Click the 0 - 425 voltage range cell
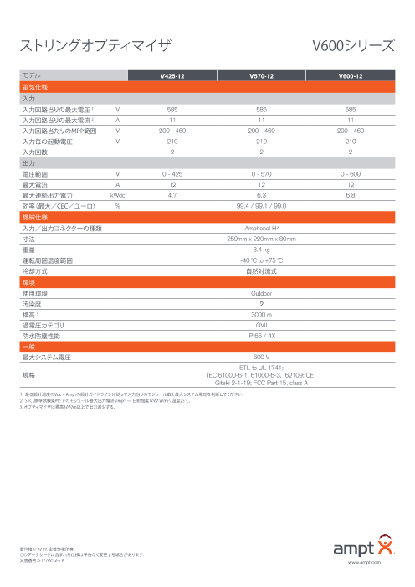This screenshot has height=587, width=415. [172, 173]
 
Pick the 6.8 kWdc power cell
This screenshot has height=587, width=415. [351, 193]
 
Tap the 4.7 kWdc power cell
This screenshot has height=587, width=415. [172, 193]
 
